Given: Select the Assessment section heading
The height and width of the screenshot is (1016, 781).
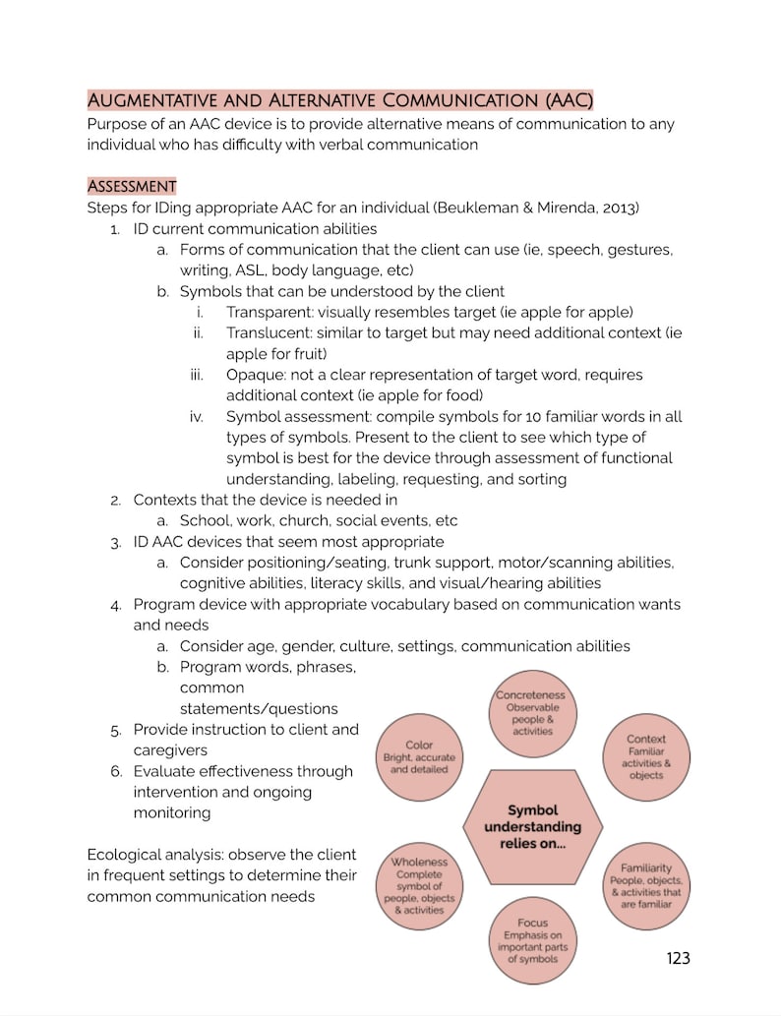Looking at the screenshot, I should (x=132, y=186).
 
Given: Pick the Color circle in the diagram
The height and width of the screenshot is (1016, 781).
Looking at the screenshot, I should (x=419, y=757).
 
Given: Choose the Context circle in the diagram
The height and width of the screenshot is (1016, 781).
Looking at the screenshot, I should (x=645, y=756).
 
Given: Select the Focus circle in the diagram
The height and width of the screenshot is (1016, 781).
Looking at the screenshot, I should (x=532, y=939).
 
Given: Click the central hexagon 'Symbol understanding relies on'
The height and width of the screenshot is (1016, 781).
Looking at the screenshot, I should (x=532, y=826).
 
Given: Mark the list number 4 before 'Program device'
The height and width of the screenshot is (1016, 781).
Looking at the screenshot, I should (x=115, y=605).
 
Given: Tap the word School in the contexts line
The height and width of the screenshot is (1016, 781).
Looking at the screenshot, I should (x=203, y=520).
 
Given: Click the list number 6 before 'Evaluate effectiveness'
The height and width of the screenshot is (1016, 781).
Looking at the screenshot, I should (x=115, y=771).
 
